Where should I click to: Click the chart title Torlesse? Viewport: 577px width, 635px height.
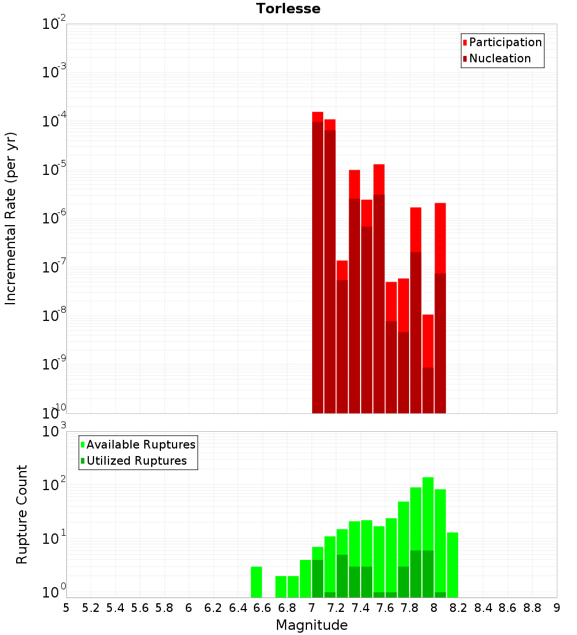click(x=288, y=9)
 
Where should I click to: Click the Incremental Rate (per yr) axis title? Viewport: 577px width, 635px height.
click(x=11, y=218)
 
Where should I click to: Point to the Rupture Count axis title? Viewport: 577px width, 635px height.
click(x=22, y=514)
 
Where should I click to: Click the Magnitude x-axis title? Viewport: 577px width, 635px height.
click(x=312, y=625)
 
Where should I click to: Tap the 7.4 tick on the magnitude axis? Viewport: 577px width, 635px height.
click(x=361, y=608)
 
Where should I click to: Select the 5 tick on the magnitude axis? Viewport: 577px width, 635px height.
click(x=66, y=608)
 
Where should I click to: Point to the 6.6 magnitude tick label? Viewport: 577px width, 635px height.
click(x=263, y=608)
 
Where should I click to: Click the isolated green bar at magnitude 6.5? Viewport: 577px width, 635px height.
click(x=256, y=582)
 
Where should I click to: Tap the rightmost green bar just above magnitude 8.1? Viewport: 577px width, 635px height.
click(x=452, y=565)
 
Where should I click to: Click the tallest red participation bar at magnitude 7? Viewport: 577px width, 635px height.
click(x=317, y=260)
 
